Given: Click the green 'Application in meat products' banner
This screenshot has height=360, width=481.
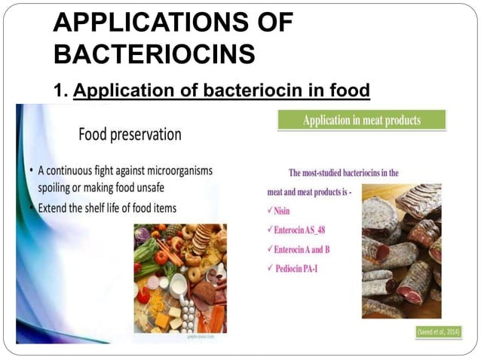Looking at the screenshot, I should point(362,120).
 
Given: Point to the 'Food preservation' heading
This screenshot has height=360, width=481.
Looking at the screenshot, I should point(130,135).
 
